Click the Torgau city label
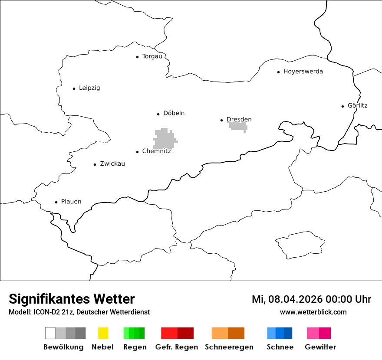152,56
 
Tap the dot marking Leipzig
74,88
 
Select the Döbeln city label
174,113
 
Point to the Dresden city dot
221,120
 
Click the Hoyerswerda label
303,72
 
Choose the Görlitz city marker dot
343,106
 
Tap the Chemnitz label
156,151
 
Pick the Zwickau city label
112,164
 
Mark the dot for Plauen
56,202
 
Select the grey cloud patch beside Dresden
238,126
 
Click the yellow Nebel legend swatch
103,333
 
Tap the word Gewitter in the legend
320,347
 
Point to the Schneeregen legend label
229,347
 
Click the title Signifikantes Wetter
72,299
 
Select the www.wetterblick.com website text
313,312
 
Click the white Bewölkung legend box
50,333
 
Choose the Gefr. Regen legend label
176,347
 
